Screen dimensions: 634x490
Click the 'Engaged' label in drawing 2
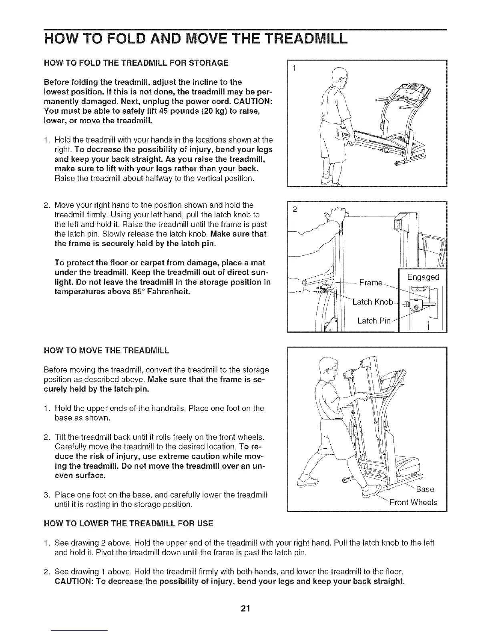[x=423, y=277]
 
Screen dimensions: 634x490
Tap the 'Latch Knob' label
[x=373, y=302]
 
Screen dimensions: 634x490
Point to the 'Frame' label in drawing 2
[x=371, y=283]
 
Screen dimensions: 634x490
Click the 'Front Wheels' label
[x=413, y=502]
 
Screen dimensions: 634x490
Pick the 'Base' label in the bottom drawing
[x=425, y=489]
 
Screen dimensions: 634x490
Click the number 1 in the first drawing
[x=294, y=68]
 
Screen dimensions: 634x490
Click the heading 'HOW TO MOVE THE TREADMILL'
[x=106, y=351]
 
